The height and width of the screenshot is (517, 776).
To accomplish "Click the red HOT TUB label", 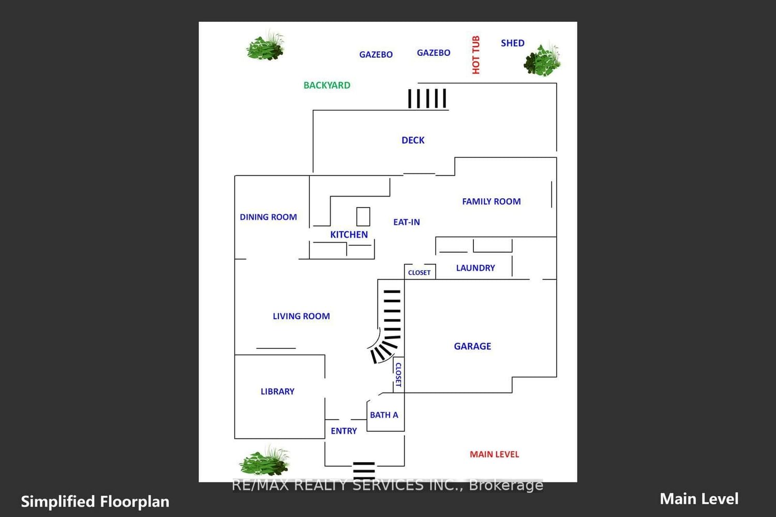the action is [x=476, y=55].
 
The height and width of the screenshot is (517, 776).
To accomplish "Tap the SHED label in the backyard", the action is [x=513, y=43].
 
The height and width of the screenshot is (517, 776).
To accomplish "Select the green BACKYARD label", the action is [x=326, y=85].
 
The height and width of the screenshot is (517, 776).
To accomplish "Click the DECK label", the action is [x=413, y=140].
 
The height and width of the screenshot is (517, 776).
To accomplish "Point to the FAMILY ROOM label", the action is [x=491, y=201].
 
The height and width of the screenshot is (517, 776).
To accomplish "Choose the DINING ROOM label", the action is [x=268, y=217].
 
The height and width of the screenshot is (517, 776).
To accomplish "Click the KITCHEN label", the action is [x=349, y=234].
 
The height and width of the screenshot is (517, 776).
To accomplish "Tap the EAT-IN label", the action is [x=406, y=222].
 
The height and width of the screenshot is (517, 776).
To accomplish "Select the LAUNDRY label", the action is [x=475, y=268].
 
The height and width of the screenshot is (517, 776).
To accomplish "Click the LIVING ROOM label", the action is [x=301, y=316].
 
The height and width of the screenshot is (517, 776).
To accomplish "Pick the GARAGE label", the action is [x=472, y=346].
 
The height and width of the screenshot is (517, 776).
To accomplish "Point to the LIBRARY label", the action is [x=277, y=391].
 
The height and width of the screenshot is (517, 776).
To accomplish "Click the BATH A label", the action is [x=384, y=415].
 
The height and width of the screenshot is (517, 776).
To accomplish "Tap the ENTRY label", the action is [x=344, y=431].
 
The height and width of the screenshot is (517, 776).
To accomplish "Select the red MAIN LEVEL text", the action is [x=495, y=454].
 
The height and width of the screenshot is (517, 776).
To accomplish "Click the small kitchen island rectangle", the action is [x=363, y=216].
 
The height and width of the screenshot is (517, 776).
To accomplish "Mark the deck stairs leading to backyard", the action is [x=427, y=99].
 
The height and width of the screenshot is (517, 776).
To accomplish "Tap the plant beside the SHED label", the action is [x=542, y=60].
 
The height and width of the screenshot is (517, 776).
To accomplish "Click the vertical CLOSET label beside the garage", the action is [x=398, y=375].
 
